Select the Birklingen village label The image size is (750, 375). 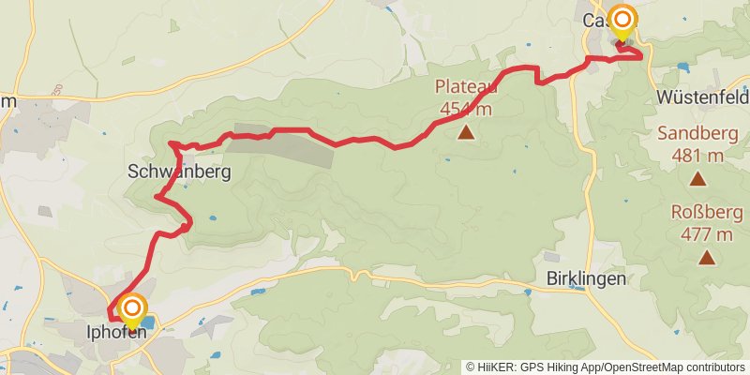[584, 278]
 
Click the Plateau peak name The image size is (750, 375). [466, 87]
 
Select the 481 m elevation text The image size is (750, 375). [698, 154]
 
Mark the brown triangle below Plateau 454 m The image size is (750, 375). [466, 133]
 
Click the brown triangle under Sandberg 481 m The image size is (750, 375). [697, 177]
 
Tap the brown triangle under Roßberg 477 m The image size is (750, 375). [706, 256]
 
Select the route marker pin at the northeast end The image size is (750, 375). [622, 22]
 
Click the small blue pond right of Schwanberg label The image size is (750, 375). [211, 217]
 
